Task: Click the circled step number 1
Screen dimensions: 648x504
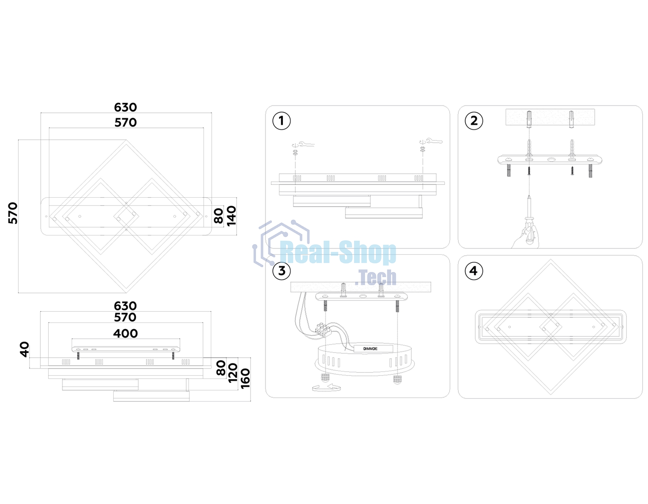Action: coord(281,121)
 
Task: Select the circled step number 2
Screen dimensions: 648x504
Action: coord(474,121)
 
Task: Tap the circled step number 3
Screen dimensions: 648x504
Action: coord(282,270)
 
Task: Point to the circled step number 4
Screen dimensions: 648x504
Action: coord(474,270)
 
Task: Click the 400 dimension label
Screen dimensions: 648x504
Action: coord(125,333)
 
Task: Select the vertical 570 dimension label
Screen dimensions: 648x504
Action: coord(13,213)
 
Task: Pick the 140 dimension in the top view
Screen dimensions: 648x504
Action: coord(231,216)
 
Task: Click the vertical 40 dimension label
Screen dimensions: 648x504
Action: coord(24,349)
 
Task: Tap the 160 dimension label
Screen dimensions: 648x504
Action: coord(245,379)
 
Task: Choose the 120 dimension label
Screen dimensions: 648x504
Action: coord(233,373)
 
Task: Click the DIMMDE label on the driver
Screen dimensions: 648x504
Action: coord(370,349)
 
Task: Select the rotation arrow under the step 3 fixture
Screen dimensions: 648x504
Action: coord(327,388)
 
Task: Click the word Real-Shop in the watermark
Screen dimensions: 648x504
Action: coord(338,253)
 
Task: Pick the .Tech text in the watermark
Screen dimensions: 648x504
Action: coord(375,277)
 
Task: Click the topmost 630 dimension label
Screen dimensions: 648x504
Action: coord(125,107)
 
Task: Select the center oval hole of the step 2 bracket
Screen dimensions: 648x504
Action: coord(551,159)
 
